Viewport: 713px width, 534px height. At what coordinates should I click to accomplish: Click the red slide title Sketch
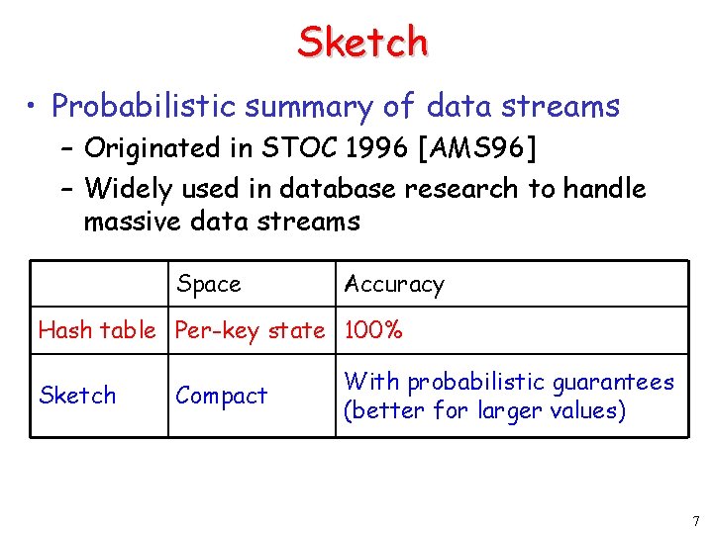pyautogui.click(x=362, y=42)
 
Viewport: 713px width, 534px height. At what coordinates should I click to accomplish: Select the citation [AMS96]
pyautogui.click(x=477, y=148)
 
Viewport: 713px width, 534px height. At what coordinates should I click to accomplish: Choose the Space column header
pyautogui.click(x=208, y=285)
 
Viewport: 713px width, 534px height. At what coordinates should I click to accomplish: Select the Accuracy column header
pyautogui.click(x=393, y=285)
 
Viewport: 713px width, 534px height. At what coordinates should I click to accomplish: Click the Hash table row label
pyautogui.click(x=96, y=330)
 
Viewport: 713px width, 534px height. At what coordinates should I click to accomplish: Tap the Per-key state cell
pyautogui.click(x=250, y=330)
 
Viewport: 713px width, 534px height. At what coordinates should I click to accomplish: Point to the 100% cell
pyautogui.click(x=372, y=330)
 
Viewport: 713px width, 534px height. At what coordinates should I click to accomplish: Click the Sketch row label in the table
pyautogui.click(x=77, y=396)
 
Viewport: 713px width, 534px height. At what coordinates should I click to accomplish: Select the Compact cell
pyautogui.click(x=221, y=396)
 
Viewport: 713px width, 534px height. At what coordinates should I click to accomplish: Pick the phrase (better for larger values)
pyautogui.click(x=484, y=410)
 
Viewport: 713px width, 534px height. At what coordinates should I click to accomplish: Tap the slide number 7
pyautogui.click(x=694, y=520)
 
